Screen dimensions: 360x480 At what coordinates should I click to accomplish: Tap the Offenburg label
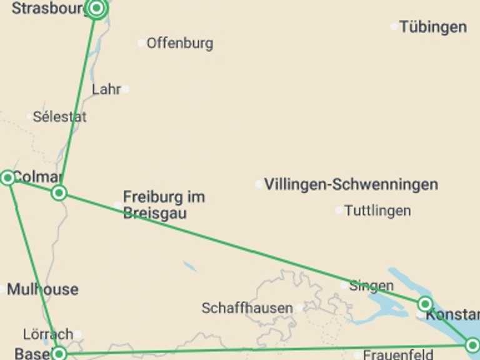point(179,43)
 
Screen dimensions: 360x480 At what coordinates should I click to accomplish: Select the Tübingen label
point(432,27)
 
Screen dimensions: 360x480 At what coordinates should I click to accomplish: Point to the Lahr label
point(106,89)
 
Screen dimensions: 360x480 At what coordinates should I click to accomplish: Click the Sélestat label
point(60,116)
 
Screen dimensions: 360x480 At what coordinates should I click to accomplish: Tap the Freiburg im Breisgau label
point(164,204)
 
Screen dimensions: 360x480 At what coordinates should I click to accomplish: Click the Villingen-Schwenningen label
point(351,184)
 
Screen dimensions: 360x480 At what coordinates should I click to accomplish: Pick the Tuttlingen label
point(377,211)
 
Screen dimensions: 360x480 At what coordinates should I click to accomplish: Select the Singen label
point(371,286)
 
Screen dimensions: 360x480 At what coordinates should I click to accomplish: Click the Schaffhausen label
point(247,308)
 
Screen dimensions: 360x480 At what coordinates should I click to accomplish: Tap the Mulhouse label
point(42,289)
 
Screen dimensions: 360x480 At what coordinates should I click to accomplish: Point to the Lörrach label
point(47,334)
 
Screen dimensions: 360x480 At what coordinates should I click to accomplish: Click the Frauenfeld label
point(397,354)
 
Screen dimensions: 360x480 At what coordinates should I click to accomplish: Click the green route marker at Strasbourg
point(97,8)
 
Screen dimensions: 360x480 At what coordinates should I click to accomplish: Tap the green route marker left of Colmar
point(7,177)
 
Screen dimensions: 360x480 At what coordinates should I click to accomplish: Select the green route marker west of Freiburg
point(59,192)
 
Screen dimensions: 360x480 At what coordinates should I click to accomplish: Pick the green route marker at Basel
point(59,354)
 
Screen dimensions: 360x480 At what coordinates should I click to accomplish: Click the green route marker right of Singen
point(425,304)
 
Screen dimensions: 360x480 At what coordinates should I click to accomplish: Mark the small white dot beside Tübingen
point(394,26)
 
